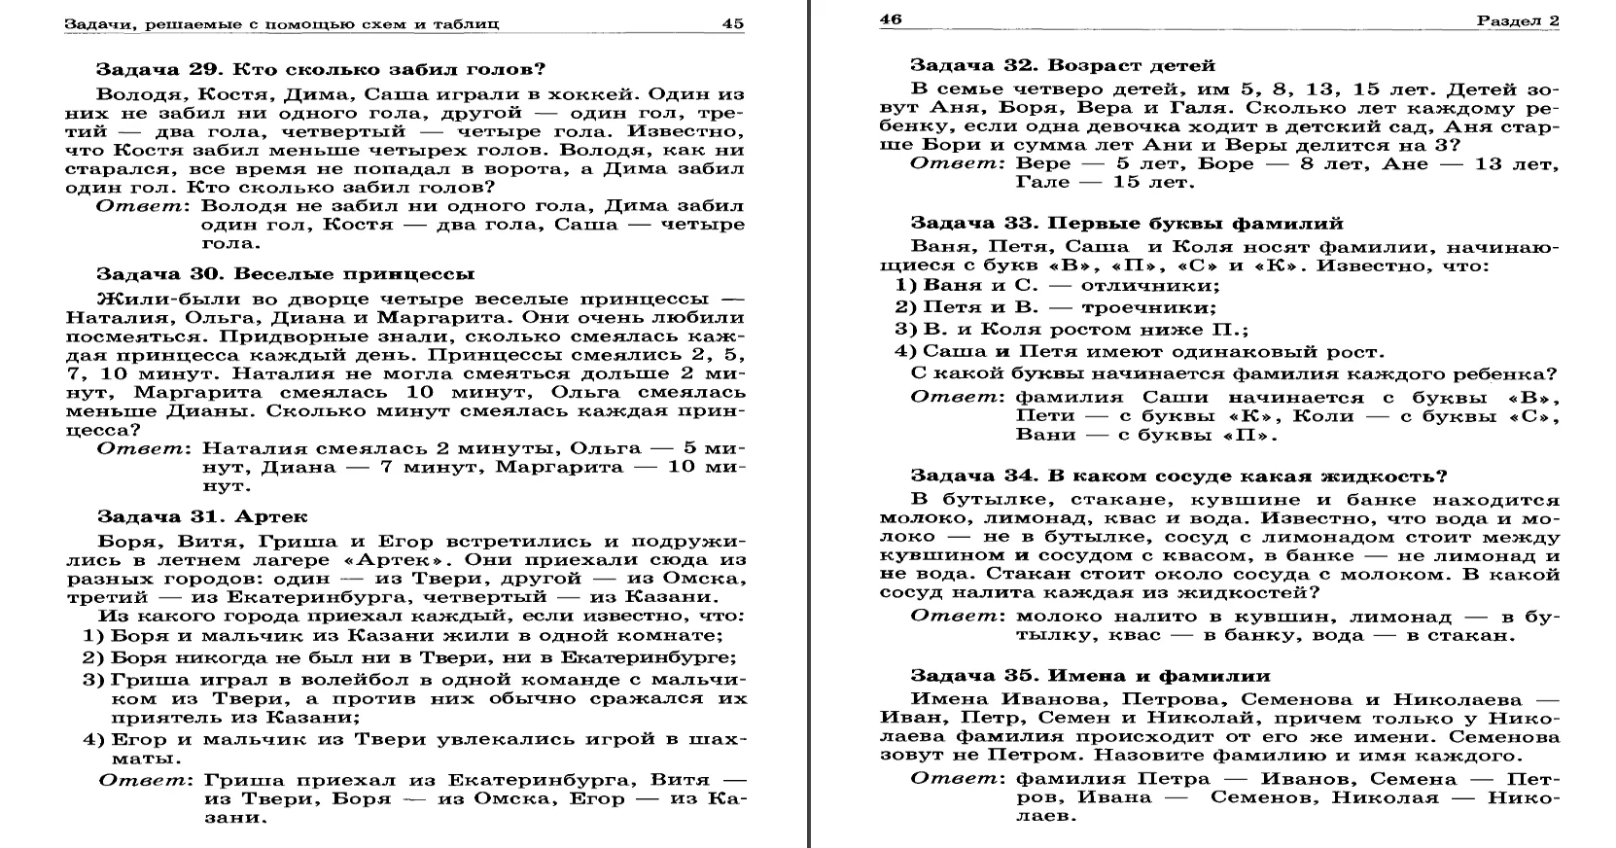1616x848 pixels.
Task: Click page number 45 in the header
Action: point(733,23)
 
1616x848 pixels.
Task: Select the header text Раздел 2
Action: point(1518,20)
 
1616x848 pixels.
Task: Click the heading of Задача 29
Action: point(321,70)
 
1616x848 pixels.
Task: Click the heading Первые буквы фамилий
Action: point(1196,224)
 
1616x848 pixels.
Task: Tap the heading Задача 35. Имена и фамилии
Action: point(1090,675)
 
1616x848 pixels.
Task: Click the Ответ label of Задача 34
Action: point(955,617)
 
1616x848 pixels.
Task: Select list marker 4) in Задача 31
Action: point(93,739)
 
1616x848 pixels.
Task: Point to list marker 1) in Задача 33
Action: point(906,285)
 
